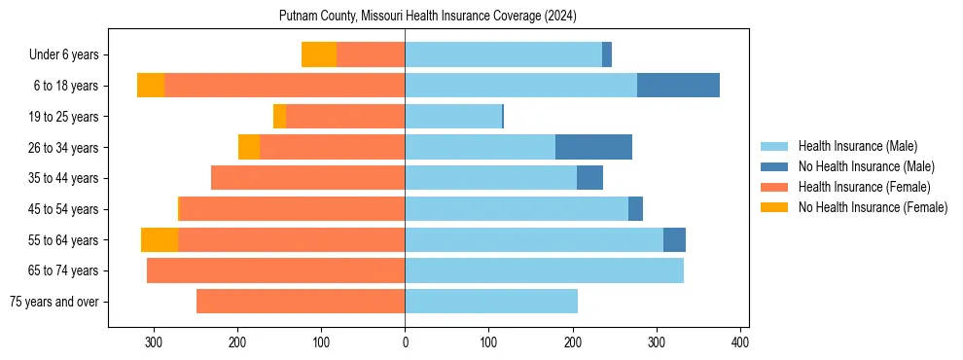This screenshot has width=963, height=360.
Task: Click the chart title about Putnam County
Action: tap(428, 16)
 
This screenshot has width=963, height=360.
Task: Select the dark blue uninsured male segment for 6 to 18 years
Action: tap(678, 86)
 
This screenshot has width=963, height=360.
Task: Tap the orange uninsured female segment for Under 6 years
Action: tap(319, 54)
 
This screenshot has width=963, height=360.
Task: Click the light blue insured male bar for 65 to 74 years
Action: tap(544, 270)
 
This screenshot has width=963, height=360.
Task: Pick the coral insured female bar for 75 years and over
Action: tap(301, 302)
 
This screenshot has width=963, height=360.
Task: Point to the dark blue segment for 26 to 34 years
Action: tap(593, 147)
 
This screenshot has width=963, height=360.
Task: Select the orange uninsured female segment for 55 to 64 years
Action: tap(160, 239)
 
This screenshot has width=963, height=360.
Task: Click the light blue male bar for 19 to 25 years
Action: tap(453, 117)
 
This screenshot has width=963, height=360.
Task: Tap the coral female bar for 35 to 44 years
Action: tap(307, 178)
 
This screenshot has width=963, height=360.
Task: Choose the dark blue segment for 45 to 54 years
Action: tap(635, 209)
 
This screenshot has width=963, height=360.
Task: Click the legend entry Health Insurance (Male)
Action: tap(857, 146)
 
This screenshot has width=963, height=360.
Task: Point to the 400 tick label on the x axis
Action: tap(740, 342)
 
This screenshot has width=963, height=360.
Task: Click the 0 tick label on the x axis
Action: tap(405, 342)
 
